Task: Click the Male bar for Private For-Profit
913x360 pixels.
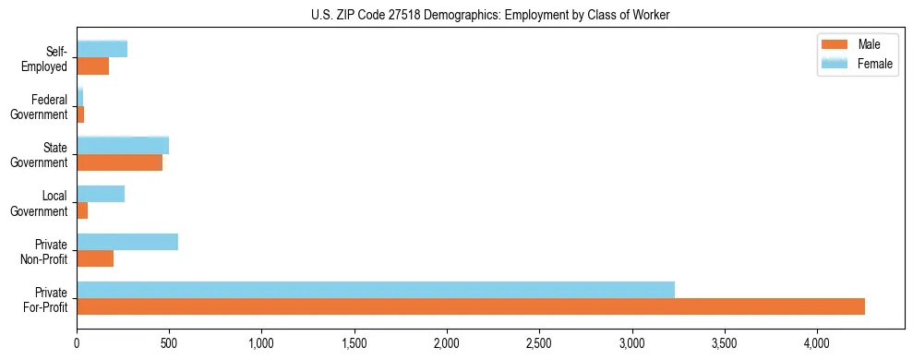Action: click(x=471, y=306)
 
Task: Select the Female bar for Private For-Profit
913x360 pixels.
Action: click(x=376, y=290)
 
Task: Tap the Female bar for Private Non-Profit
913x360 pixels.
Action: click(x=127, y=242)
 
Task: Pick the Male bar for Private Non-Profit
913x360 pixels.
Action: click(x=95, y=258)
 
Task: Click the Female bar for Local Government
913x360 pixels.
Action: click(x=101, y=194)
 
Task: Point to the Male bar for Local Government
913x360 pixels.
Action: click(x=82, y=210)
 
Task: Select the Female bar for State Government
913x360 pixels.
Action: click(x=123, y=146)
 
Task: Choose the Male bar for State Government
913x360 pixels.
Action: click(x=119, y=162)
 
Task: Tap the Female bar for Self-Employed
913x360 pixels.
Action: click(x=102, y=49)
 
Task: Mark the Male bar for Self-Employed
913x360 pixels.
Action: click(x=92, y=66)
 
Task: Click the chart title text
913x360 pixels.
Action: click(x=491, y=14)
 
